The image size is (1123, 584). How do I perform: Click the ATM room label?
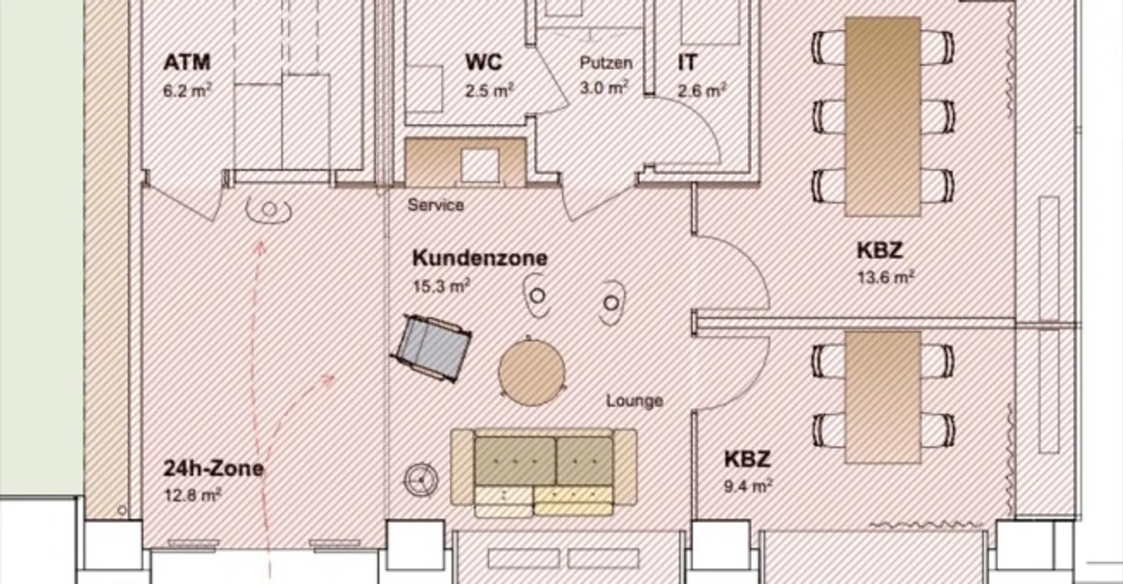pyautogui.click(x=187, y=62)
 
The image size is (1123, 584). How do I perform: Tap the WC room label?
pyautogui.click(x=484, y=62)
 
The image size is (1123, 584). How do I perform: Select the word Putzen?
pyautogui.click(x=605, y=63)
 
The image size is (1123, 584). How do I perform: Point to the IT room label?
pyautogui.click(x=688, y=62)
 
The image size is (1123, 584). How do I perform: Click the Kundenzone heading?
pyautogui.click(x=480, y=258)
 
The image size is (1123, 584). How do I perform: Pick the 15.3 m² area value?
pyautogui.click(x=441, y=286)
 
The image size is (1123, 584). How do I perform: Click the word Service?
pyautogui.click(x=436, y=205)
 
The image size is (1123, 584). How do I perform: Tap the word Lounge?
pyautogui.click(x=635, y=401)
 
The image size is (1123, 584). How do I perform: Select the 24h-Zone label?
pyautogui.click(x=213, y=469)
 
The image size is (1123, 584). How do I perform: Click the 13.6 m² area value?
pyautogui.click(x=886, y=277)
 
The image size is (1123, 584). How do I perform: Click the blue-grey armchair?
pyautogui.click(x=431, y=347)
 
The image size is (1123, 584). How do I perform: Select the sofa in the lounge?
pyautogui.click(x=544, y=473)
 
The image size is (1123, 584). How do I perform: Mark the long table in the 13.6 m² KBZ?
pyautogui.click(x=883, y=117)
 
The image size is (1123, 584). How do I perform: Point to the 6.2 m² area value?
pyautogui.click(x=187, y=90)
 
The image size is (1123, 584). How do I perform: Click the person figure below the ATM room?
pyautogui.click(x=269, y=209)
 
